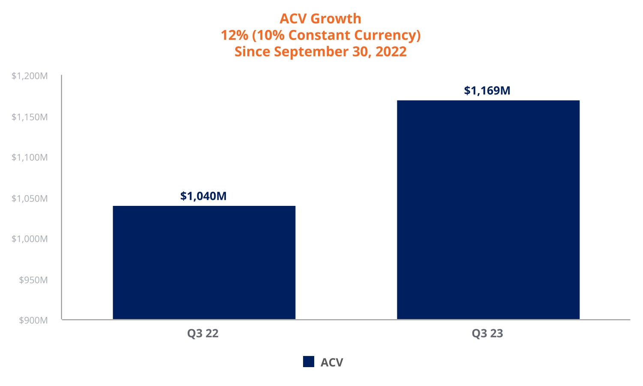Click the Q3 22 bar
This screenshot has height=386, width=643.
click(204, 262)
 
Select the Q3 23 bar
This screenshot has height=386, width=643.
click(488, 210)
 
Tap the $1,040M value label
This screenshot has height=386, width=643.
click(203, 196)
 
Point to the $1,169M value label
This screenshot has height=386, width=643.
click(487, 90)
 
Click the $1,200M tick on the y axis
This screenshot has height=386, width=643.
click(30, 76)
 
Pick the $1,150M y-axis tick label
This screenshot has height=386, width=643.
click(30, 117)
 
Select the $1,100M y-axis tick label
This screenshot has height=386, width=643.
click(30, 157)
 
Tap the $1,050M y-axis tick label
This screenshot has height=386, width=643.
click(30, 198)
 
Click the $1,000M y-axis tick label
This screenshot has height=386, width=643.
click(30, 239)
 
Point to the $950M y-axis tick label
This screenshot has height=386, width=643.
click(33, 280)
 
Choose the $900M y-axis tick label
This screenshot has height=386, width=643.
click(33, 320)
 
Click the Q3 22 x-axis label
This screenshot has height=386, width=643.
click(203, 334)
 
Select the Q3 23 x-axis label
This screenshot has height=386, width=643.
click(487, 334)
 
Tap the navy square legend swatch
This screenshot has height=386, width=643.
click(309, 362)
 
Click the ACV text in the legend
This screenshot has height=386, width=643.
click(332, 362)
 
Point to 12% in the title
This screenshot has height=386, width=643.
click(234, 35)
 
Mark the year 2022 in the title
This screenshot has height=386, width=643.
click(391, 51)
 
